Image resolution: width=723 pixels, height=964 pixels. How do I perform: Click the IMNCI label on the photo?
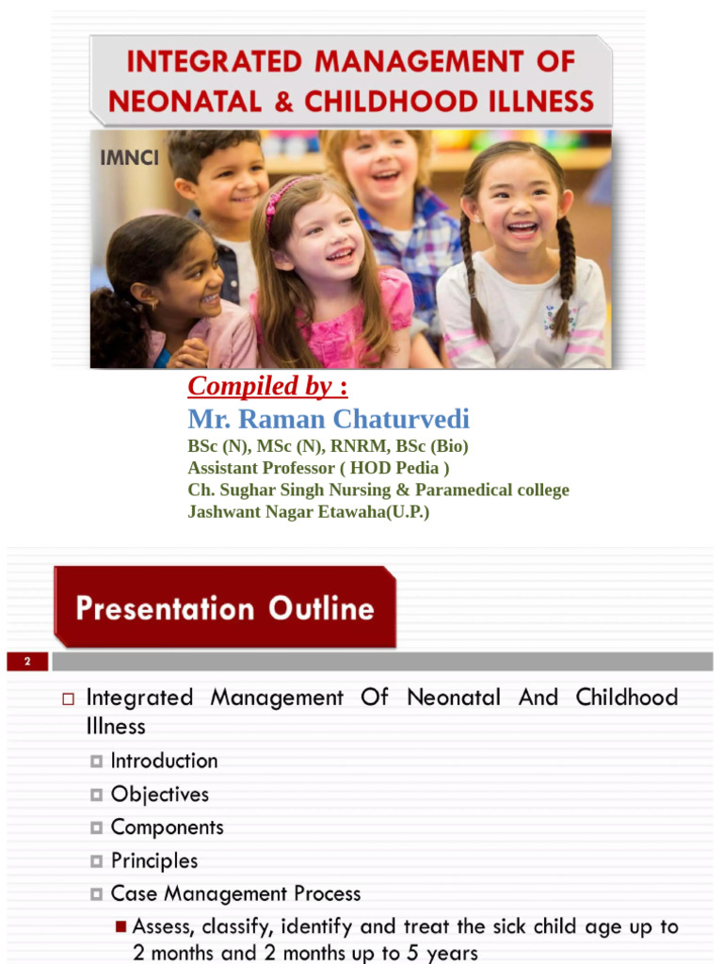point(130,157)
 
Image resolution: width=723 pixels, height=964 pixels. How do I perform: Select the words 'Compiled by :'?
point(267,386)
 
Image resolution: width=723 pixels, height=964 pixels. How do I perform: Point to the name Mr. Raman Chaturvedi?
point(329,419)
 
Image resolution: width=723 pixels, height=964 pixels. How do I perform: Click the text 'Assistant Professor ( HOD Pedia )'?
point(318,468)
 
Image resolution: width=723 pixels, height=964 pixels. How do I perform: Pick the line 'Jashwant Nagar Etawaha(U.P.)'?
point(308,512)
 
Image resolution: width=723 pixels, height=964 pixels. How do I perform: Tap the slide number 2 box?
point(28,662)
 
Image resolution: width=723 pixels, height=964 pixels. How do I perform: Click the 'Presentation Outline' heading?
point(225,608)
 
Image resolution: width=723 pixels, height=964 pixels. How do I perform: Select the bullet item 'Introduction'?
point(164,761)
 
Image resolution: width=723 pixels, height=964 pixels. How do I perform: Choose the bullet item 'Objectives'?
point(160,795)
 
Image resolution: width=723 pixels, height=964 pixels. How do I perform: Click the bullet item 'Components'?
point(167,827)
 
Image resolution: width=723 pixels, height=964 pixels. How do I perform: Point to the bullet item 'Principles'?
point(154,860)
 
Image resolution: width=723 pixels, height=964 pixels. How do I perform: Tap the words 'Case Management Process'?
point(235,893)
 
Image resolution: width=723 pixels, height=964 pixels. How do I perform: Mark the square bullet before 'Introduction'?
point(97,761)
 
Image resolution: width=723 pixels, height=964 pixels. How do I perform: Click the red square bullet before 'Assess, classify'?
point(120,927)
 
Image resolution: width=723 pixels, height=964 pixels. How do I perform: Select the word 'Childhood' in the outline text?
point(626,698)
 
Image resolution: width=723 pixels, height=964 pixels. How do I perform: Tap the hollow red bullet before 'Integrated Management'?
point(68,699)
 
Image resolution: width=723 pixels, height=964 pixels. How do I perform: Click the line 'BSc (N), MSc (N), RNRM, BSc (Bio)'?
point(328,445)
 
